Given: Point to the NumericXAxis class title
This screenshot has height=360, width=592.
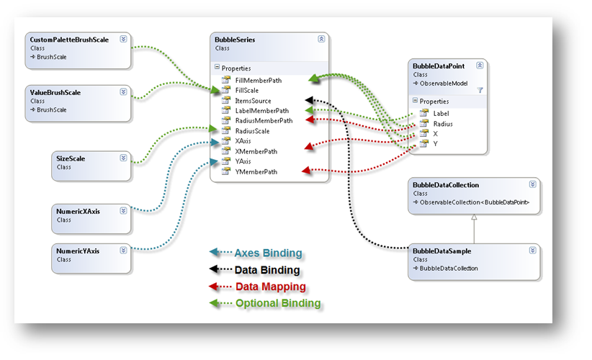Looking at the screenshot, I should tap(79, 211).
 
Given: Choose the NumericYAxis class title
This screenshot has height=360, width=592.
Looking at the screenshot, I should tap(79, 251).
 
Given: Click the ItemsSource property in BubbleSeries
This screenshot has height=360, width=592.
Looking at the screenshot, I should tap(253, 101).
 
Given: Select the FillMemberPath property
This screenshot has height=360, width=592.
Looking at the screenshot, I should tap(258, 81).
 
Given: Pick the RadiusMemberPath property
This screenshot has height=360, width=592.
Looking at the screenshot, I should tap(264, 121).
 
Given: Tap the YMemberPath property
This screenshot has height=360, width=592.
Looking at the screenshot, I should tap(256, 171).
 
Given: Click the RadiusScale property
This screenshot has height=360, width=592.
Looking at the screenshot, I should tap(253, 131).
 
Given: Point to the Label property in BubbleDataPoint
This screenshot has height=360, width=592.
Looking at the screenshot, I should tap(441, 113).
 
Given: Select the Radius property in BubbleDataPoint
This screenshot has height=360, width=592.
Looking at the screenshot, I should tap(444, 124).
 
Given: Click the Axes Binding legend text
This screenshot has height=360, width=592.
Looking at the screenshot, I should tap(268, 253).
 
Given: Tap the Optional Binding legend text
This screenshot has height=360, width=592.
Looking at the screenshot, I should tap(278, 303).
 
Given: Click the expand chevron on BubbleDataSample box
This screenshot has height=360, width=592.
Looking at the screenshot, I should tap(532, 251).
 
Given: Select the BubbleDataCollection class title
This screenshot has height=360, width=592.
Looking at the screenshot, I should tap(446, 185).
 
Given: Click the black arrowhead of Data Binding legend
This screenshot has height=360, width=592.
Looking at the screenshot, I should tap(213, 270).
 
